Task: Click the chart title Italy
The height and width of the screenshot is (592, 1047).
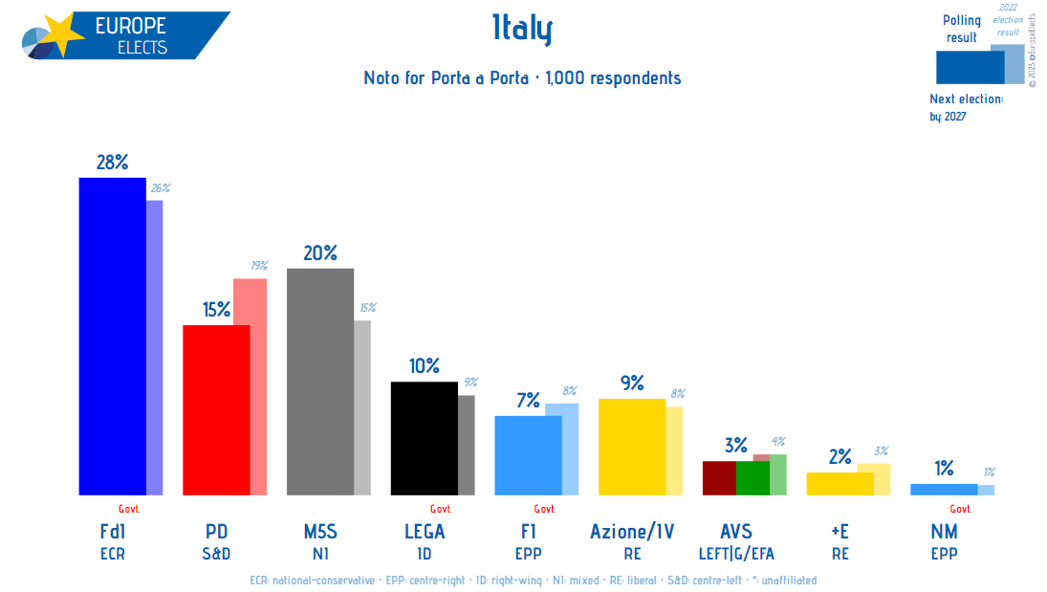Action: (522, 31)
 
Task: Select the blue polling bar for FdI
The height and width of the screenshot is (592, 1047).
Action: (112, 335)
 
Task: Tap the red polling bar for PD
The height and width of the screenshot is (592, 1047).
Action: (216, 409)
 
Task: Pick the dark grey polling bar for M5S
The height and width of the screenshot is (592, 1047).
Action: (320, 381)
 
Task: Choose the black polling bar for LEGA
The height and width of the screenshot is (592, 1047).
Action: (424, 437)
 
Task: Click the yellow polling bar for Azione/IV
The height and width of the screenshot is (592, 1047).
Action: (631, 446)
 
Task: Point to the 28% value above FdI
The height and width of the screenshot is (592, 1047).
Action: (112, 163)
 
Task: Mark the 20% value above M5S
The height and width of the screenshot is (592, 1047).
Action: (320, 253)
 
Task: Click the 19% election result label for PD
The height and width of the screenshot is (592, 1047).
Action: (259, 266)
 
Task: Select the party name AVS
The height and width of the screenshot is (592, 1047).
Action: (736, 532)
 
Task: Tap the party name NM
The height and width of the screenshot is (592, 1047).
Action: (944, 532)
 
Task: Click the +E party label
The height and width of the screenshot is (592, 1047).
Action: (840, 532)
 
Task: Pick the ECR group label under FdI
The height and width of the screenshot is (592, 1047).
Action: (112, 553)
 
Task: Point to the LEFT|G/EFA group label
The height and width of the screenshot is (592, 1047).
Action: (736, 553)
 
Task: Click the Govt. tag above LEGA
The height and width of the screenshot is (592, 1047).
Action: (441, 509)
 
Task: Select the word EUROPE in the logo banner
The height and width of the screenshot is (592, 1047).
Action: (130, 26)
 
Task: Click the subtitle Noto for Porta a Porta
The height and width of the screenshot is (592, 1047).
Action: (446, 78)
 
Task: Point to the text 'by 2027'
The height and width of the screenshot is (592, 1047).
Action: (948, 117)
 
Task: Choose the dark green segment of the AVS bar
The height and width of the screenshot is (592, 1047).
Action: (753, 477)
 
